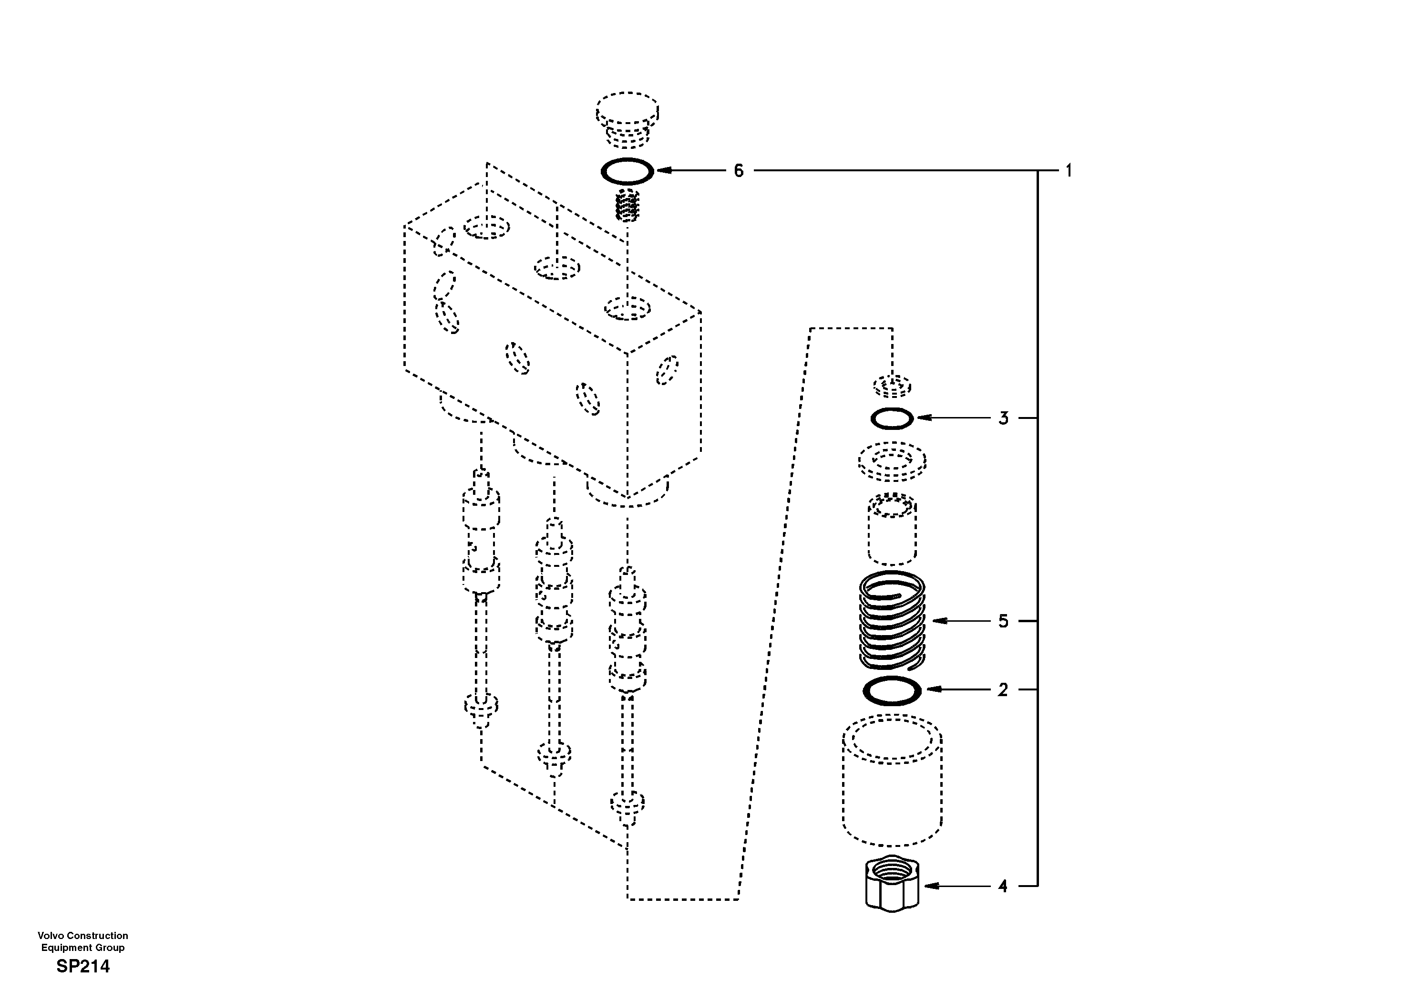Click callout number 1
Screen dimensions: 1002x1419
[1069, 171]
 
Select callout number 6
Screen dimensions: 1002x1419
[739, 171]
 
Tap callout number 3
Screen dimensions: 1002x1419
[1003, 419]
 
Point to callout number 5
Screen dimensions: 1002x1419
[1003, 621]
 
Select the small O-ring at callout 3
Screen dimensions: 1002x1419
[892, 419]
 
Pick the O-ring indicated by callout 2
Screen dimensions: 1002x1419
[892, 690]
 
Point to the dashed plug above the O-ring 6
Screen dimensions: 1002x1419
[627, 119]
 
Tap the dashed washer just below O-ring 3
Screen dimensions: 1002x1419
[892, 461]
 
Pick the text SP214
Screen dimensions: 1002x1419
[83, 966]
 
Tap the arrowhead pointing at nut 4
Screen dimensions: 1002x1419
[928, 887]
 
